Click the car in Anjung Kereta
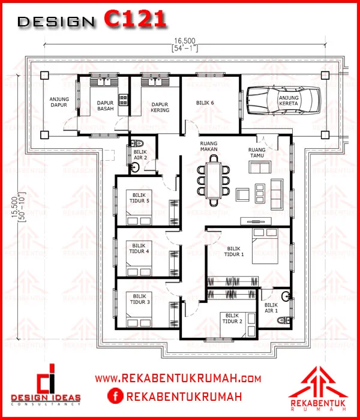283,101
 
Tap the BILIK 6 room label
205,103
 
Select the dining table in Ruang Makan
213,180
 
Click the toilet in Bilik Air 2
137,143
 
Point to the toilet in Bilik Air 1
284,320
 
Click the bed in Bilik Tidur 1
265,245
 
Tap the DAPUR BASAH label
105,106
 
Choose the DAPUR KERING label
160,107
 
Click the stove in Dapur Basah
123,100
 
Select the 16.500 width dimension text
185,41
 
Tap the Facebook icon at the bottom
115,396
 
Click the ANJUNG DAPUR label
59,102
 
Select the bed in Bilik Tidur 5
139,208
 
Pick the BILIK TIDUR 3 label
140,299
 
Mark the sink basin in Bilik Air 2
135,168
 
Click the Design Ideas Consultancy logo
46,384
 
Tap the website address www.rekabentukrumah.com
178,379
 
